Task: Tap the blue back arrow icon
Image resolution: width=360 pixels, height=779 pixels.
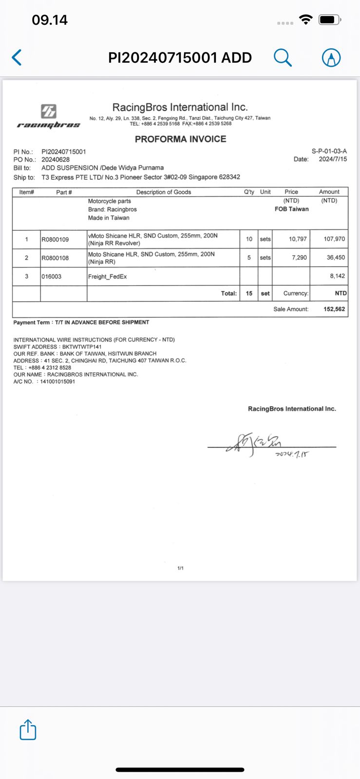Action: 17,57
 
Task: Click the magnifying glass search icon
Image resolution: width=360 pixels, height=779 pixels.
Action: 283,57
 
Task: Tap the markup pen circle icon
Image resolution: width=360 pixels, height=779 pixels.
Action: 331,58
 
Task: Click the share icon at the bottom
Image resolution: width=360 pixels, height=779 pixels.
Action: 28,730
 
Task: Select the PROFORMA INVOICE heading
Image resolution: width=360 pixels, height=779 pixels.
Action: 180,139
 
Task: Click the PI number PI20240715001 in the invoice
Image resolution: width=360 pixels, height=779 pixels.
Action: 64,152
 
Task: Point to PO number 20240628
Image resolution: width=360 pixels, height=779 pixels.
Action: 56,160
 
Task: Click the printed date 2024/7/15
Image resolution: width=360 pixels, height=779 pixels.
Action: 333,159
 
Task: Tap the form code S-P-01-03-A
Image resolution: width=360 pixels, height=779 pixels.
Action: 329,151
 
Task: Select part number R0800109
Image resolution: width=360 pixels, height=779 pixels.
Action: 55,240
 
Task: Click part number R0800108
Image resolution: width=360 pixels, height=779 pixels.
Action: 55,258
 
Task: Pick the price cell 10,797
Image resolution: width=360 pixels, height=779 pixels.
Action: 298,239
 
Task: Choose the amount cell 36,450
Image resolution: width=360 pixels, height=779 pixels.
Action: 336,258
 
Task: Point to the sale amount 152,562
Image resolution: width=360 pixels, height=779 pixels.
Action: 334,309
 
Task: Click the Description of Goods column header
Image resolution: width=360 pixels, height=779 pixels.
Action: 163,192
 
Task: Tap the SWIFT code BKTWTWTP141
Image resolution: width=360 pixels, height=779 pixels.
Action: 82,347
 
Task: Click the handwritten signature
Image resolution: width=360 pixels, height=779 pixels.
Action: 253,444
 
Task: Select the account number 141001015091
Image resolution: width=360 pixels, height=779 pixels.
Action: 57,382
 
